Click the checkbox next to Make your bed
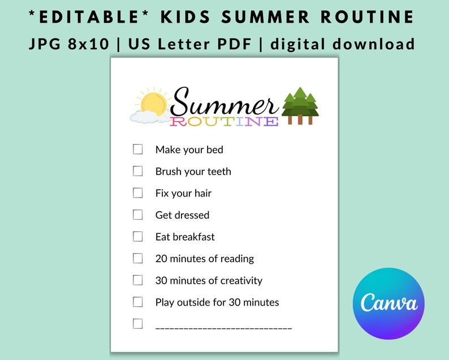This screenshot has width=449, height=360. (138, 149)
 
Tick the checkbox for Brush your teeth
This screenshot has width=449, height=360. (138, 171)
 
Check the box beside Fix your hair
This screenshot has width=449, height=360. (138, 193)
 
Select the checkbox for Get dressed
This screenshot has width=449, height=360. (138, 215)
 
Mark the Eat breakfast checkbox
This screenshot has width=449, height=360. (138, 237)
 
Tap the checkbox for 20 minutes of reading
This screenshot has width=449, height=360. (138, 258)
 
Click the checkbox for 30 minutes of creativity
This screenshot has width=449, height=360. (138, 280)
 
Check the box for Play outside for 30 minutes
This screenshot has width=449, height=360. (138, 302)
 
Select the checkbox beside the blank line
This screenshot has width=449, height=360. (138, 324)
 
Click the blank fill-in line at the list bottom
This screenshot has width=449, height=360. (223, 328)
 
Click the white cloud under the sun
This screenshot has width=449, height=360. (144, 117)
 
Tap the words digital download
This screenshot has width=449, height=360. (343, 44)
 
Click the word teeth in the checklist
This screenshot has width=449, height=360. (218, 172)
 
